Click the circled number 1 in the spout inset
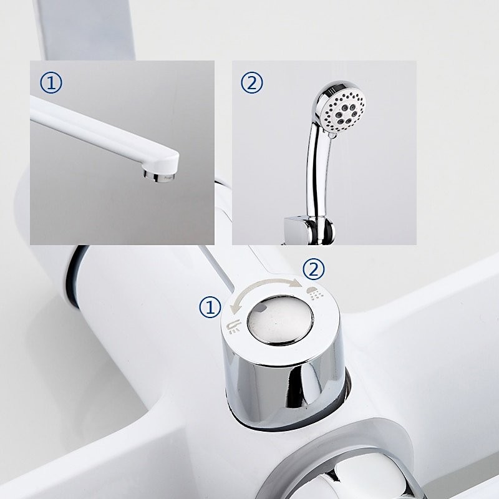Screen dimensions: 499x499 pyautogui.click(x=51, y=83)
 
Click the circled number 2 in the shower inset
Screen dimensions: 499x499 pyautogui.click(x=252, y=83)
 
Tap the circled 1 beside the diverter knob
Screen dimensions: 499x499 pyautogui.click(x=210, y=307)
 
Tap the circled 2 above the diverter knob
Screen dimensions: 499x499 pyautogui.click(x=314, y=269)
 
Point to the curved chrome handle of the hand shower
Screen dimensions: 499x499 pyautogui.click(x=317, y=172)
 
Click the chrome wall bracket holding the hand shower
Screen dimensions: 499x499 pyautogui.click(x=309, y=230)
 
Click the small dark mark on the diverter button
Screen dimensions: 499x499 pyautogui.click(x=261, y=308)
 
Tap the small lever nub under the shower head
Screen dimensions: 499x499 pyautogui.click(x=332, y=136)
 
